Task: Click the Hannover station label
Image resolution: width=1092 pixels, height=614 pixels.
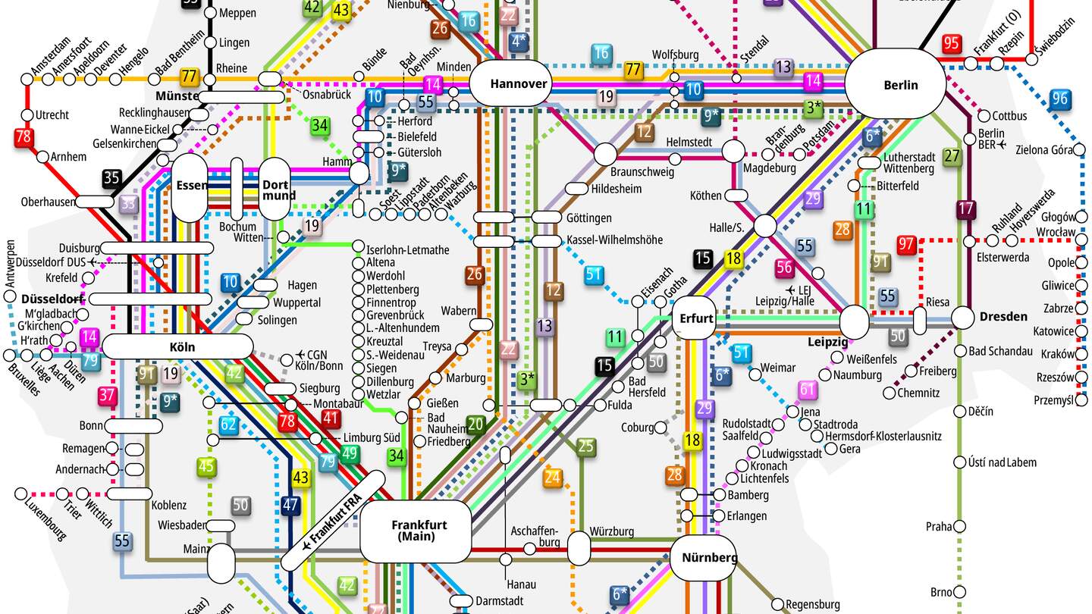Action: coord(519,83)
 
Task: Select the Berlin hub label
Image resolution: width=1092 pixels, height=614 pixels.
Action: coord(901,85)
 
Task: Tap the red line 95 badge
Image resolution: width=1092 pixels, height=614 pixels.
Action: coord(952,44)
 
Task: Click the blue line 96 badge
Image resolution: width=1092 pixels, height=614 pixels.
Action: coord(1060,99)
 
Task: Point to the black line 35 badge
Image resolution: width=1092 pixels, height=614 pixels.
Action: coord(112,179)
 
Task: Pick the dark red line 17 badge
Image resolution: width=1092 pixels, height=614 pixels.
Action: coord(966,209)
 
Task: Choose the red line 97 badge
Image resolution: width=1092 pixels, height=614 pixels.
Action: coord(906,245)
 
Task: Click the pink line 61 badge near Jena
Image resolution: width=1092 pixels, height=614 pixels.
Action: coord(808,390)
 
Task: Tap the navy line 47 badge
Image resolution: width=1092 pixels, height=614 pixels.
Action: coord(290,504)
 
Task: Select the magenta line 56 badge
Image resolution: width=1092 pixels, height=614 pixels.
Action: coord(784,267)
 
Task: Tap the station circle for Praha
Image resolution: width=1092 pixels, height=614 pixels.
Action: coord(959,527)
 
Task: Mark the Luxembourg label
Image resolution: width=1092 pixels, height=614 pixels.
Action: coord(45,515)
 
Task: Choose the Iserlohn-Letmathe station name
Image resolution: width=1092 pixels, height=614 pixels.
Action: coord(407,249)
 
